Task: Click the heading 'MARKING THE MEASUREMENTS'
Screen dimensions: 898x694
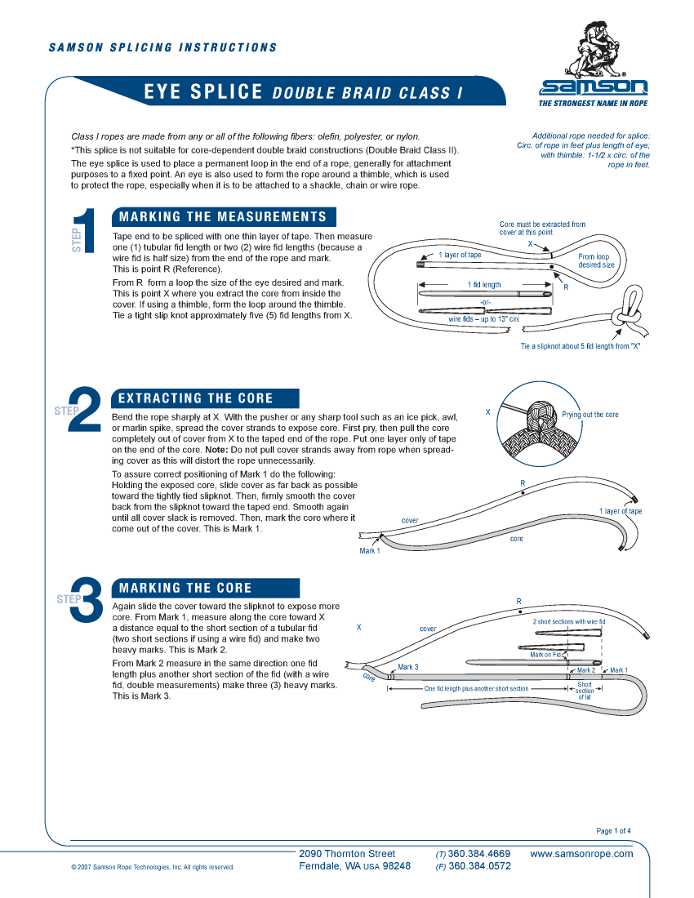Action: pos(223,217)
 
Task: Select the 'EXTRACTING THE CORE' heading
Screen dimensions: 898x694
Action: pos(196,398)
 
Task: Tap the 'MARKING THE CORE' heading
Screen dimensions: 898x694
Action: pos(185,588)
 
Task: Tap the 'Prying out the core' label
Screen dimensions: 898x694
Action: pos(589,415)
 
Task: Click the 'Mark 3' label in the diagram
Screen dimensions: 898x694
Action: pos(408,667)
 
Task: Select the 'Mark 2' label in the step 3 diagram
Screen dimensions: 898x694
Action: pos(586,670)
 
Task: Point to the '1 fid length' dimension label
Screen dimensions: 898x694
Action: pos(484,285)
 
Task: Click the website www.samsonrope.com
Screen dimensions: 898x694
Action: pos(581,854)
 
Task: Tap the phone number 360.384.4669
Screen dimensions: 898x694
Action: pos(479,854)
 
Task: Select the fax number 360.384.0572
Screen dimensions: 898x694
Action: pos(479,867)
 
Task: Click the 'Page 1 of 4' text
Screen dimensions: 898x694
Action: pos(613,831)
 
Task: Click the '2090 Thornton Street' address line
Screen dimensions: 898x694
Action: pos(347,854)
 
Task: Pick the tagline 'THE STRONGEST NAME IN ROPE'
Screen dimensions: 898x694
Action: pos(594,104)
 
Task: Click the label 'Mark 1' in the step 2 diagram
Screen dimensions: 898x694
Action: pos(370,551)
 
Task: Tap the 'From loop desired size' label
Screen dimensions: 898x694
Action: pos(596,260)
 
